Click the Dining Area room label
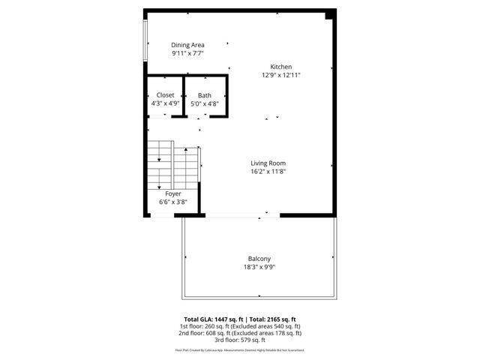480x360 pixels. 187,45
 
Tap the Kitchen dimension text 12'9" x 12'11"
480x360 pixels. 281,75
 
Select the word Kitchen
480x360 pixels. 281,67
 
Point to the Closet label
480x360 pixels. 165,95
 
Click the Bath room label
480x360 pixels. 205,95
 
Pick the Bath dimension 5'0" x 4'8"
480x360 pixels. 205,103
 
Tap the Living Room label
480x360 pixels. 268,163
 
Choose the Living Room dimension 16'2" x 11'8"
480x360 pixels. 268,171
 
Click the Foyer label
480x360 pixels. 173,193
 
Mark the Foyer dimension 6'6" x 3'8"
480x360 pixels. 173,202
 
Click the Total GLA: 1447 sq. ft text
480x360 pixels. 214,319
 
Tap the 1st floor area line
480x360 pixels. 239,326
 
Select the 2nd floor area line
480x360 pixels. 239,333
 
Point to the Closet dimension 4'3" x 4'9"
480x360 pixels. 165,103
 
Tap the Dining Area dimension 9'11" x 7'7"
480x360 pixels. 187,53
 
